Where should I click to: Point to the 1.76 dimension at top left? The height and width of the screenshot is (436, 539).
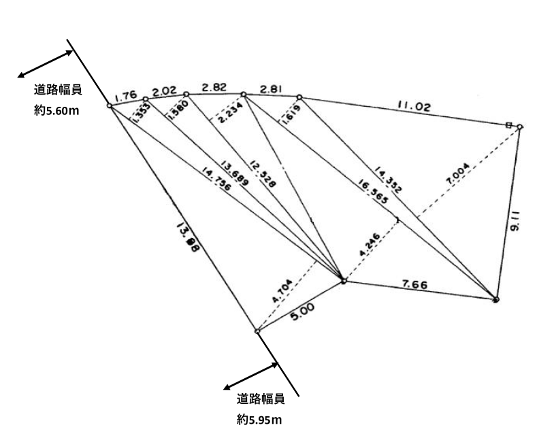click(x=127, y=96)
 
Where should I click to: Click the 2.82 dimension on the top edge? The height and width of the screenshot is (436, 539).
click(x=214, y=86)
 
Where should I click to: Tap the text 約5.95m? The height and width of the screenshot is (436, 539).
click(x=260, y=418)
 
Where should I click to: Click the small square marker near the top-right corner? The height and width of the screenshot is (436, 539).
click(x=509, y=124)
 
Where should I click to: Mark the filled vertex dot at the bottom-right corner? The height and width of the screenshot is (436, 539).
click(x=496, y=299)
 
